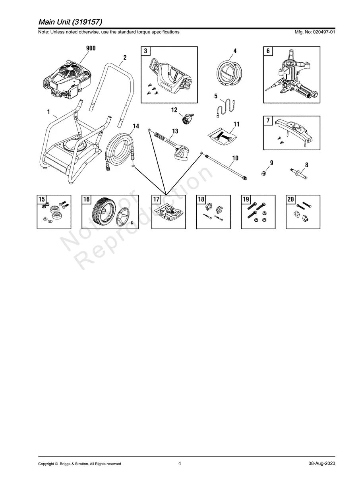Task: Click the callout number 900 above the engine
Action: pos(91,48)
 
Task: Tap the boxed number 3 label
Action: pos(145,51)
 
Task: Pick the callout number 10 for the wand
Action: pos(235,158)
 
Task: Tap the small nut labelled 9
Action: pos(263,173)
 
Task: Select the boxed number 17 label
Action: pos(156,199)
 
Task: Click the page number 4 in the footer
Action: pos(180,463)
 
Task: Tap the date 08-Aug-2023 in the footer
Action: pos(321,464)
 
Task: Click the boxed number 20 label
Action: pos(290,199)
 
